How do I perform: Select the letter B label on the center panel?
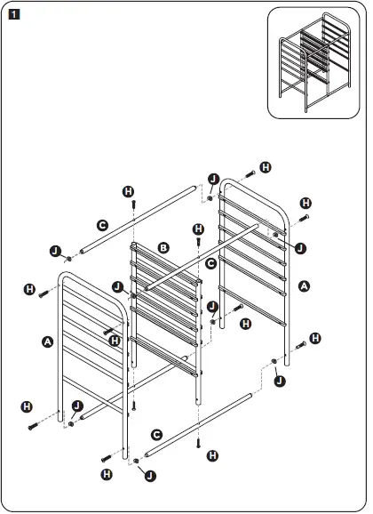(163, 246)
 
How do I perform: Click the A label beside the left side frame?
(47, 341)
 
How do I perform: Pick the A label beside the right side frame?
(306, 286)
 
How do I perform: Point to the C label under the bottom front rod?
(156, 435)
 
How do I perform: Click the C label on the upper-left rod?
(103, 225)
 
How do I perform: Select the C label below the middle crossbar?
(210, 264)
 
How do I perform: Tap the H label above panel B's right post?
(198, 229)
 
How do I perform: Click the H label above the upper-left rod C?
(129, 191)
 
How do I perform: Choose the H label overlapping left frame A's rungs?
(114, 340)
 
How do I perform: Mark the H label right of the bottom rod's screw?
(212, 454)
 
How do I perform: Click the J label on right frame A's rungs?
(299, 247)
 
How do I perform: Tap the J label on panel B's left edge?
(118, 286)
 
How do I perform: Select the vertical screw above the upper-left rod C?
(131, 205)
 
